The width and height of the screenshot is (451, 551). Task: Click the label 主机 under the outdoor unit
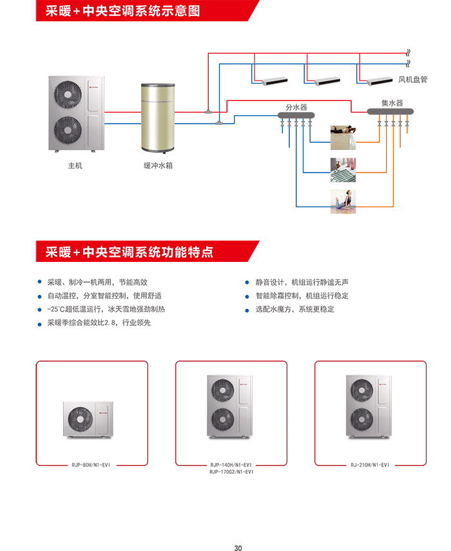[75, 165]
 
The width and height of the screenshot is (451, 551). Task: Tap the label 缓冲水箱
[158, 165]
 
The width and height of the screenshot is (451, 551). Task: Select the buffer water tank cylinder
[158, 118]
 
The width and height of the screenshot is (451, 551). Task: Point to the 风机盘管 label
[413, 80]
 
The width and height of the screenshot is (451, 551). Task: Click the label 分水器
[296, 107]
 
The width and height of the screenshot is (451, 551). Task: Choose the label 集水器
[392, 103]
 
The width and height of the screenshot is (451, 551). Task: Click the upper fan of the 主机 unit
[68, 94]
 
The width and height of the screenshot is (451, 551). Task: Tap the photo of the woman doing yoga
[343, 201]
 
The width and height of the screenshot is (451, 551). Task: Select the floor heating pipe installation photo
[343, 170]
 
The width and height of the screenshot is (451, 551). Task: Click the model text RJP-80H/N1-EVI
[91, 465]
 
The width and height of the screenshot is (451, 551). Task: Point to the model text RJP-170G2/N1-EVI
[231, 472]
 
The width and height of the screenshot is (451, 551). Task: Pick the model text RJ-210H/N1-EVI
[370, 465]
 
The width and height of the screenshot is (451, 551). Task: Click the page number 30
[238, 548]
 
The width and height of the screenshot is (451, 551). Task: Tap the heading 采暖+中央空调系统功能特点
[130, 252]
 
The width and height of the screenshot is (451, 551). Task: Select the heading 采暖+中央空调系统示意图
[123, 11]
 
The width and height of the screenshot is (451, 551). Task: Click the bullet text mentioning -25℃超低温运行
[106, 309]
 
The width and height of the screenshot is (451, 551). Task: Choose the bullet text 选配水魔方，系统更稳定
[295, 309]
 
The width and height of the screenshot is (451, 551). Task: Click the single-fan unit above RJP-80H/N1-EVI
[88, 419]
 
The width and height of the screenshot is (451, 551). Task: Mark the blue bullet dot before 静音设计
[247, 282]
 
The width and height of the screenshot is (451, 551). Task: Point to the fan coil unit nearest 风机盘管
[379, 81]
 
